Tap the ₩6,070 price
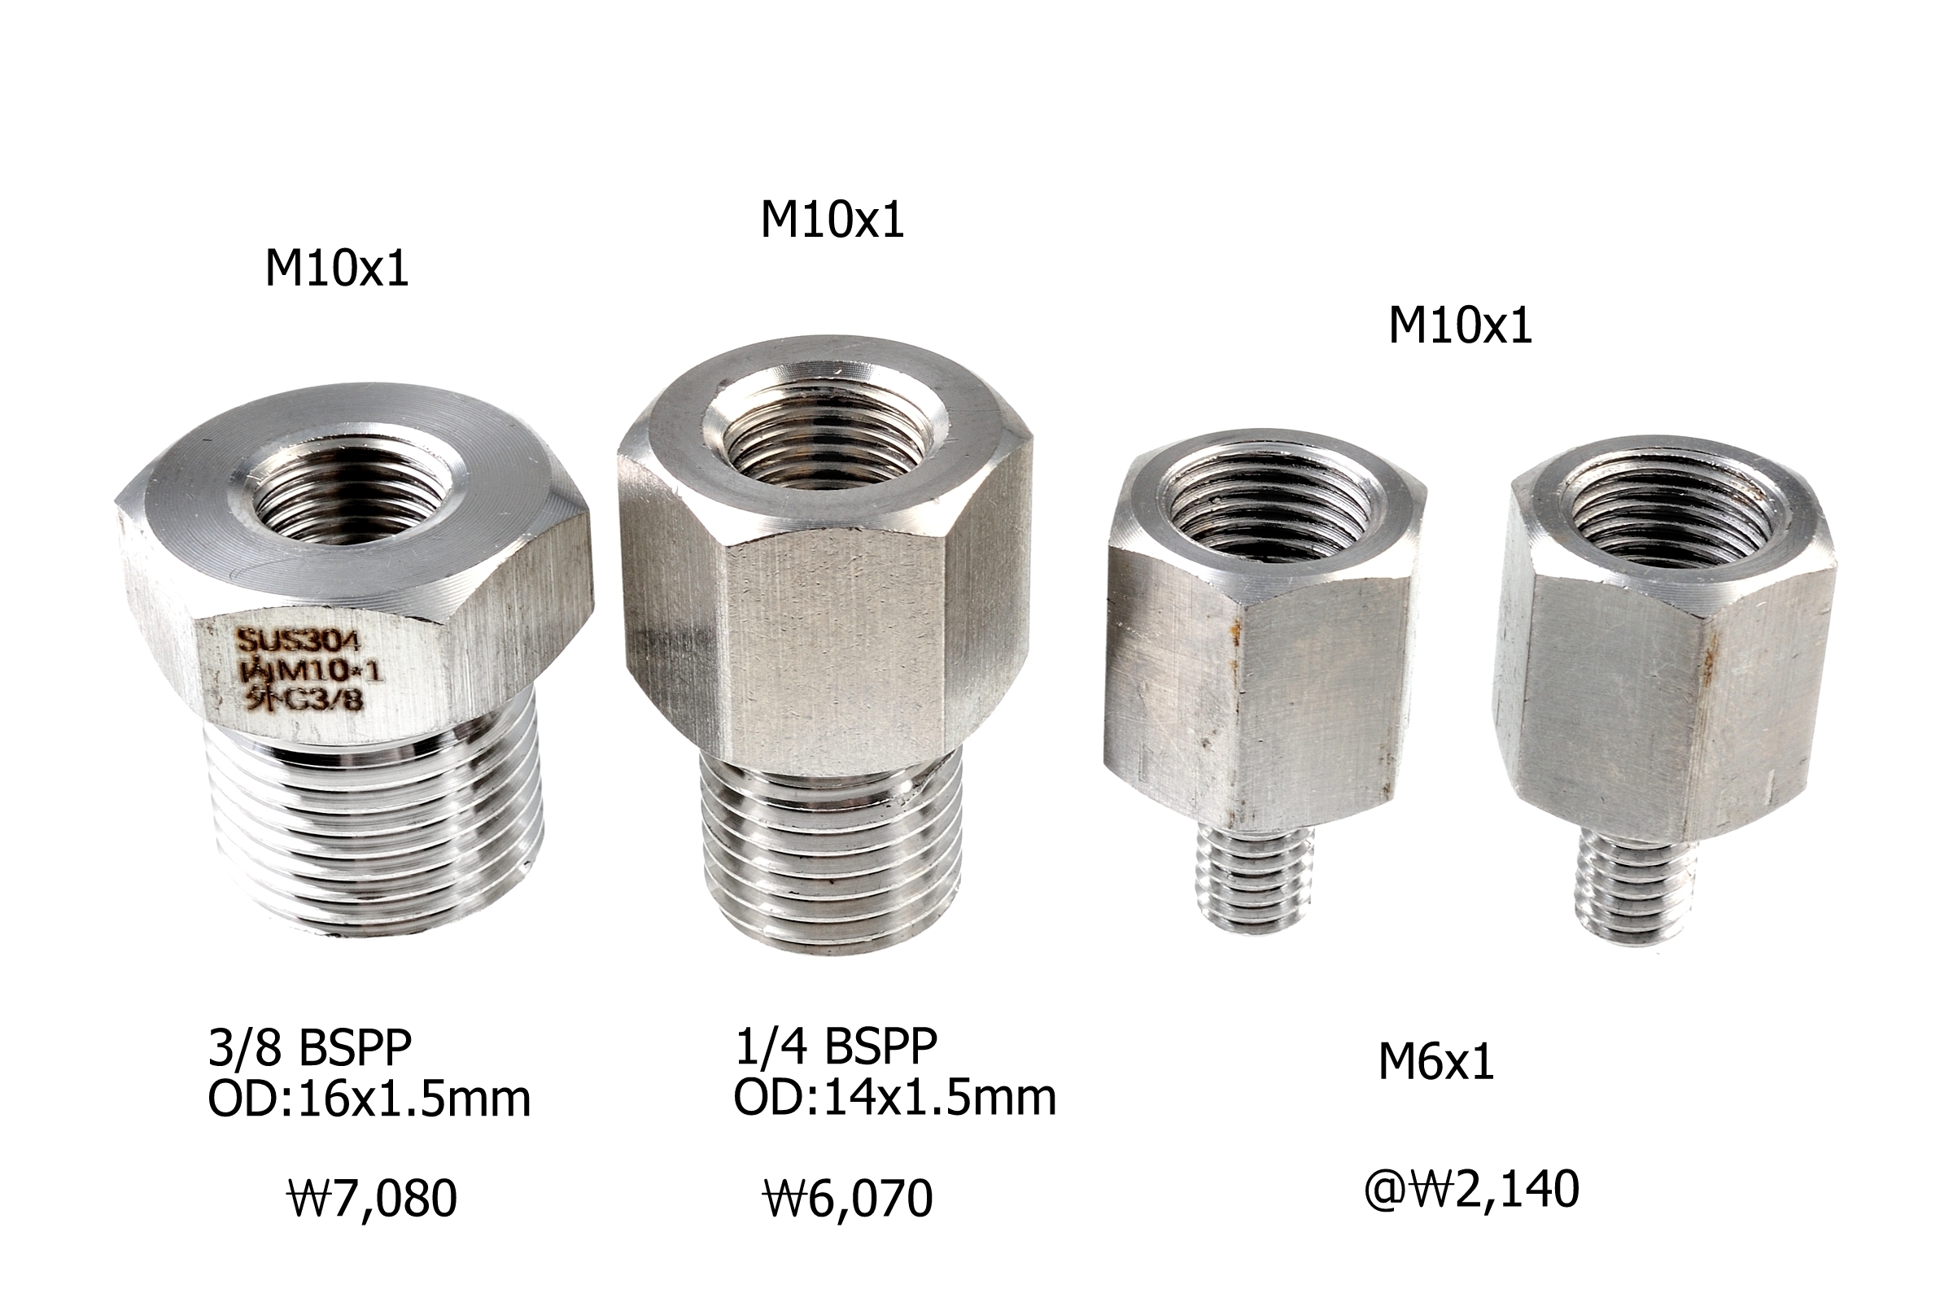(848, 1199)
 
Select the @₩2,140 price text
(1471, 1189)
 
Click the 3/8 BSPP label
(310, 1048)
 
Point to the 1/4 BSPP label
(837, 1046)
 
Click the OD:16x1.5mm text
(369, 1099)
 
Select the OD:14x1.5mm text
(895, 1097)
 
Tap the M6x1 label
(1436, 1061)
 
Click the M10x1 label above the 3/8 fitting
(337, 269)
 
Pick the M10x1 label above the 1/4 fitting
(832, 220)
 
